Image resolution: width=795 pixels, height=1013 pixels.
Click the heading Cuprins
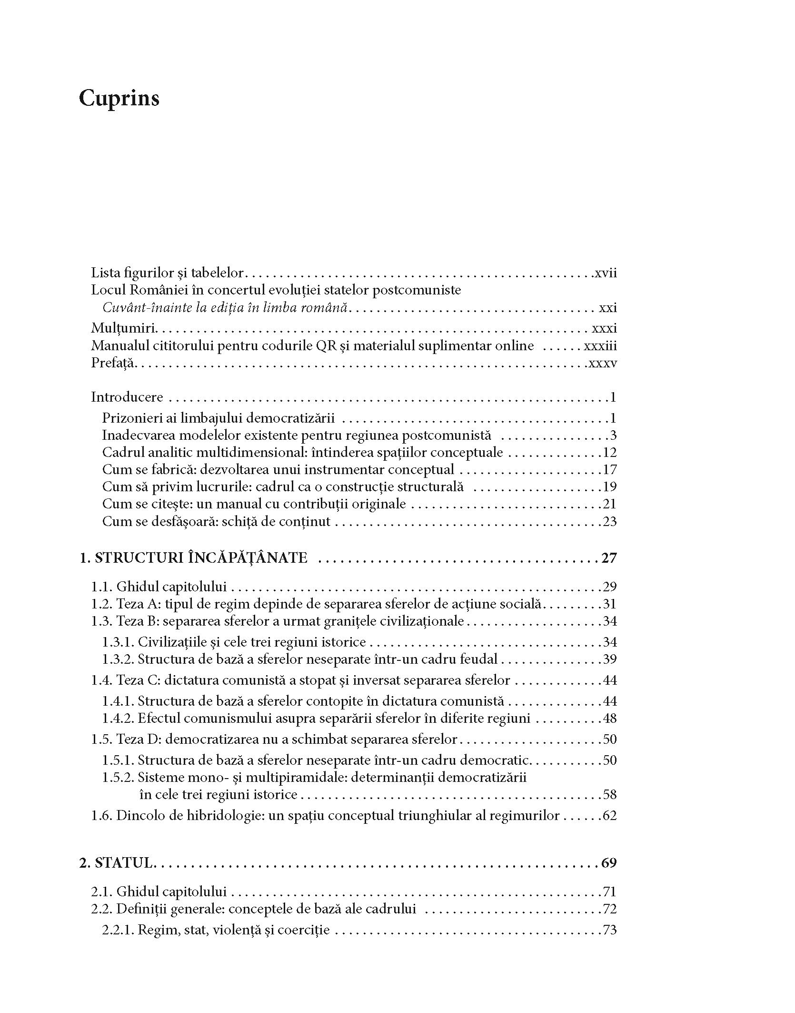119,99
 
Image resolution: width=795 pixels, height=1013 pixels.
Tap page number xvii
606,273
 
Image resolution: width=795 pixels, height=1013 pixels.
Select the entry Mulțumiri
124,329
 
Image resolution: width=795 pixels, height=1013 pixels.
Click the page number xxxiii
600,346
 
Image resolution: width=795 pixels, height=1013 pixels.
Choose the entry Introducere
127,397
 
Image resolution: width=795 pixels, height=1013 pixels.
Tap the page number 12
609,452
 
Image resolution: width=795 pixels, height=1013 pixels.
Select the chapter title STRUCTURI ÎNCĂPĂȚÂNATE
201,557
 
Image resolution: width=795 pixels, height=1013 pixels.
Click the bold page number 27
609,557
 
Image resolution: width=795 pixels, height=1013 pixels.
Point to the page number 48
609,718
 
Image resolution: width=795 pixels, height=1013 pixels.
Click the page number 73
609,930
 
